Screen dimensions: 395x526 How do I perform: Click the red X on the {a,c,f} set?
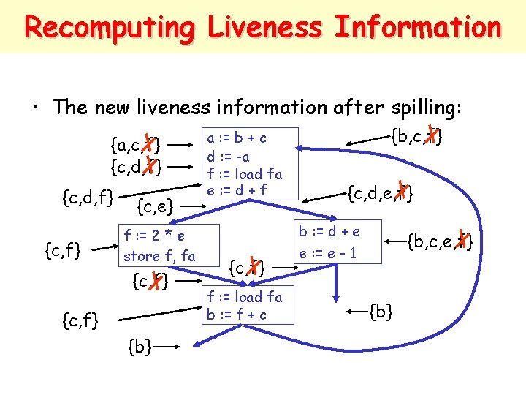(x=149, y=141)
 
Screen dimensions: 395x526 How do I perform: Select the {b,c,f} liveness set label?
(x=415, y=136)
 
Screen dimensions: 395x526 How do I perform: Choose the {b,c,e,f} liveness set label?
(x=439, y=239)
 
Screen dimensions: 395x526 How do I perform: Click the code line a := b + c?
(x=237, y=138)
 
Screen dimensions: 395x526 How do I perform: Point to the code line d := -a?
(x=229, y=156)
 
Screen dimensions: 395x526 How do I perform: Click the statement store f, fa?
(x=159, y=256)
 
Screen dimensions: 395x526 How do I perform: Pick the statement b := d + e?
(x=329, y=231)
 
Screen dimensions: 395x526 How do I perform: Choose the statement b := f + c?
(x=236, y=315)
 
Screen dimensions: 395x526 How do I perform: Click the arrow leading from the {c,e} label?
(x=187, y=208)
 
